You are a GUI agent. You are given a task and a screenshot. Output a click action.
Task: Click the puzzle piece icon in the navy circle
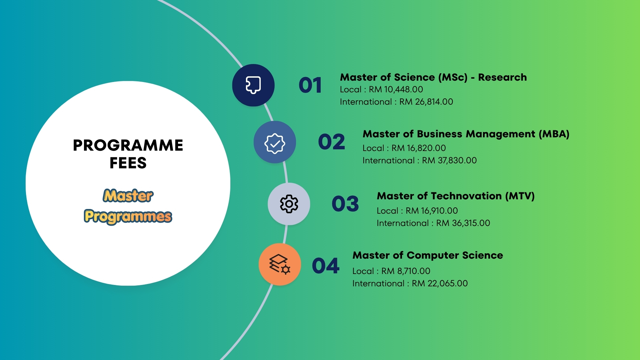(253, 85)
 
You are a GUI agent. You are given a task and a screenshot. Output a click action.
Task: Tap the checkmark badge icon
(275, 144)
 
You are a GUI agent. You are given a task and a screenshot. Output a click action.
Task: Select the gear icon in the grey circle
(289, 204)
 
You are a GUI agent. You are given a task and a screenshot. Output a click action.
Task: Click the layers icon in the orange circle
(280, 264)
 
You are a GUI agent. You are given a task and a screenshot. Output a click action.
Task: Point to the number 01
(310, 85)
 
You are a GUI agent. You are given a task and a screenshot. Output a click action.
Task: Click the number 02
(332, 142)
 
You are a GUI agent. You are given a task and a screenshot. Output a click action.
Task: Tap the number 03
(345, 204)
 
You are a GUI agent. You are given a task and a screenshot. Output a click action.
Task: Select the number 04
(326, 266)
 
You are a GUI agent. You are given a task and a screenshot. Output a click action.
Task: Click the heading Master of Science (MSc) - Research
(433, 77)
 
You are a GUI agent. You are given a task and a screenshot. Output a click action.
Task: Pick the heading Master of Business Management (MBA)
(466, 134)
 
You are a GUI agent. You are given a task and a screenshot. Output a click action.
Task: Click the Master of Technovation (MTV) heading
(456, 196)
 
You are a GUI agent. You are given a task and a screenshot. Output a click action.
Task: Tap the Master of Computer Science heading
(428, 255)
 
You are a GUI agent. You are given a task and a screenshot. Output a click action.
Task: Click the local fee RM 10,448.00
(396, 89)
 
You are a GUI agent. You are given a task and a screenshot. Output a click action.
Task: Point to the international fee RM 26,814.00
(426, 102)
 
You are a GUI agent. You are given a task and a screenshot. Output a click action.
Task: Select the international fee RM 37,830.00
(449, 160)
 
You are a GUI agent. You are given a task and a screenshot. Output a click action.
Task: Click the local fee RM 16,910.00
(432, 211)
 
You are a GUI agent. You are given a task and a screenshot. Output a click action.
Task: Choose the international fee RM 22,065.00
(440, 283)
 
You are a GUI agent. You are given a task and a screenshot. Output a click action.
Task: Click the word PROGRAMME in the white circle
(128, 145)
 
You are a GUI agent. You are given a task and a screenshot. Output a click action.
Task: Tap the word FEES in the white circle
(128, 163)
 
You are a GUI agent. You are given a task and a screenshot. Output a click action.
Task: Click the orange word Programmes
(128, 217)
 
